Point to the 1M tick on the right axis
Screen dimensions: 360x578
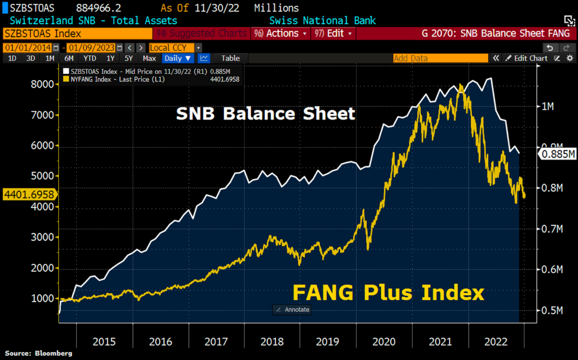(x=551, y=106)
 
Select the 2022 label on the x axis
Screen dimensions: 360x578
(x=496, y=342)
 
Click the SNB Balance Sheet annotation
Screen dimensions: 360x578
(x=265, y=114)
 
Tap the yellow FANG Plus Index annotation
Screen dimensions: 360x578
(x=388, y=293)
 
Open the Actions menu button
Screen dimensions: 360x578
(x=286, y=34)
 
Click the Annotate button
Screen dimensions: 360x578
(x=292, y=310)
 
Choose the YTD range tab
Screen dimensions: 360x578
(x=89, y=58)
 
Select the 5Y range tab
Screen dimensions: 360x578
(x=129, y=58)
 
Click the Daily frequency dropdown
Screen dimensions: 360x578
(x=178, y=58)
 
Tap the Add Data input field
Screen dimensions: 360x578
(x=440, y=58)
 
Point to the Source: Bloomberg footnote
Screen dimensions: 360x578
(x=39, y=353)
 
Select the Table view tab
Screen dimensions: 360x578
(x=230, y=58)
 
